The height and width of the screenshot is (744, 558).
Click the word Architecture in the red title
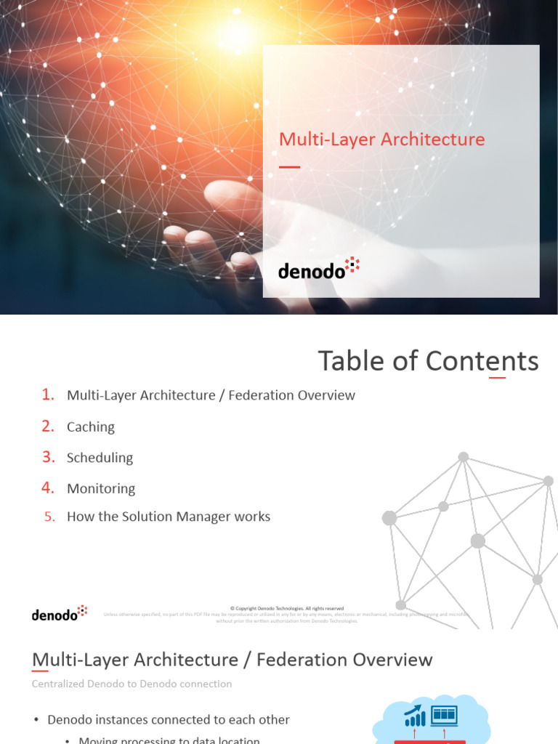click(433, 139)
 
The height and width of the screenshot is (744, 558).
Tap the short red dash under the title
click(289, 167)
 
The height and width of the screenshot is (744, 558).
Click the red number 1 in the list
click(48, 395)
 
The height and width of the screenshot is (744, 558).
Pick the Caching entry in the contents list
click(91, 427)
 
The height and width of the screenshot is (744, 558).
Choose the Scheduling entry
click(100, 458)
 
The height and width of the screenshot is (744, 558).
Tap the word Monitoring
click(101, 489)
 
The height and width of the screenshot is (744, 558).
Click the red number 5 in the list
click(49, 517)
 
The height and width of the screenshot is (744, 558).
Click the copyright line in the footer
click(286, 608)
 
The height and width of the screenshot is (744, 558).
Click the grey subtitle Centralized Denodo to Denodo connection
click(132, 684)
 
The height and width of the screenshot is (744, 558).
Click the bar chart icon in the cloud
click(415, 717)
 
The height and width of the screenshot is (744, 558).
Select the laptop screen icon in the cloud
click(443, 716)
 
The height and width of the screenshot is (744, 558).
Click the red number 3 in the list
click(48, 457)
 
